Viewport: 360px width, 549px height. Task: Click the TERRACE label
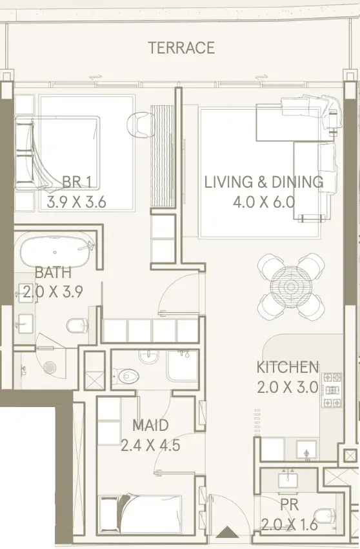tap(181, 48)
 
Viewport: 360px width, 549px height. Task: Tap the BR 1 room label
tap(77, 182)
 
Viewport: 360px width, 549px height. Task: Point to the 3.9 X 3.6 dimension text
tap(76, 203)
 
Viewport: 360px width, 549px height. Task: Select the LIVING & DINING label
tap(264, 182)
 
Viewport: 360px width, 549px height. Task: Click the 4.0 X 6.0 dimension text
tap(264, 202)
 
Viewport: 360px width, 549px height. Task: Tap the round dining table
tap(290, 286)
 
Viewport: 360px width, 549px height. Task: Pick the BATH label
tap(54, 272)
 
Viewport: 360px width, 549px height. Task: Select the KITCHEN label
tap(288, 367)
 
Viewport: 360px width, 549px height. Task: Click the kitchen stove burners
tap(332, 390)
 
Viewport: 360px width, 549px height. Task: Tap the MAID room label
tap(150, 425)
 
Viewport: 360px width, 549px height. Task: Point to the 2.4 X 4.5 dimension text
tap(150, 445)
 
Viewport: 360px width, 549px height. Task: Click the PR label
tap(290, 504)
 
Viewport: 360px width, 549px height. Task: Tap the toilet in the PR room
tap(325, 514)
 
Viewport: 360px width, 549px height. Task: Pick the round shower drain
tap(50, 367)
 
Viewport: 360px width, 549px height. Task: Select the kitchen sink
tap(306, 450)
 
